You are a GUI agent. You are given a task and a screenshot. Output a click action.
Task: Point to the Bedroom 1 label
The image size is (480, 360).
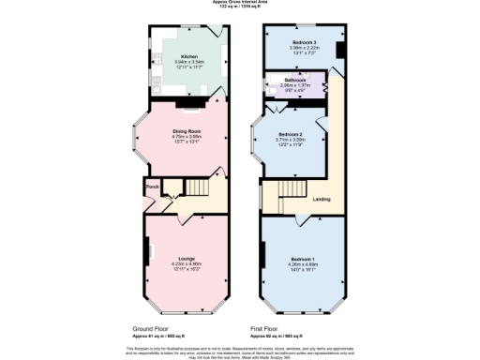(x=302, y=258)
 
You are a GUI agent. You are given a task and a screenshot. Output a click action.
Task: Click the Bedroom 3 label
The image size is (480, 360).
(x=302, y=44)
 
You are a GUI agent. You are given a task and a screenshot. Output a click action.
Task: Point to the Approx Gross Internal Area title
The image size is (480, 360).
(x=240, y=3)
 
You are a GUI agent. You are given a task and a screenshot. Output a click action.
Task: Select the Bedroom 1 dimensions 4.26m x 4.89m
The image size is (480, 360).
(x=302, y=264)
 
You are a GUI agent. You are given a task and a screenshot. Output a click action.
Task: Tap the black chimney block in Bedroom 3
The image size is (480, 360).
(x=339, y=51)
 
